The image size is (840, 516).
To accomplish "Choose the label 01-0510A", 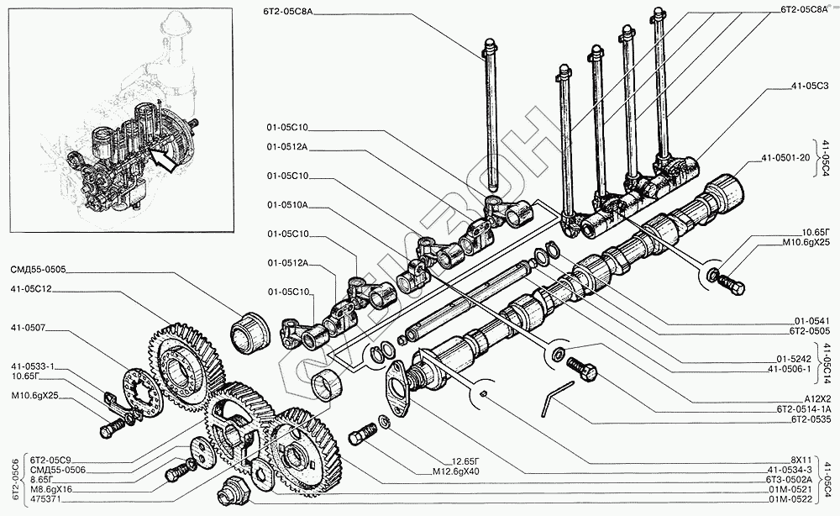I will point(288,204).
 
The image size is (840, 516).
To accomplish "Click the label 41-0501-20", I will point(785,157).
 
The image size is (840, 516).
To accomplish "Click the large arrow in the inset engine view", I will point(164,159).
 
